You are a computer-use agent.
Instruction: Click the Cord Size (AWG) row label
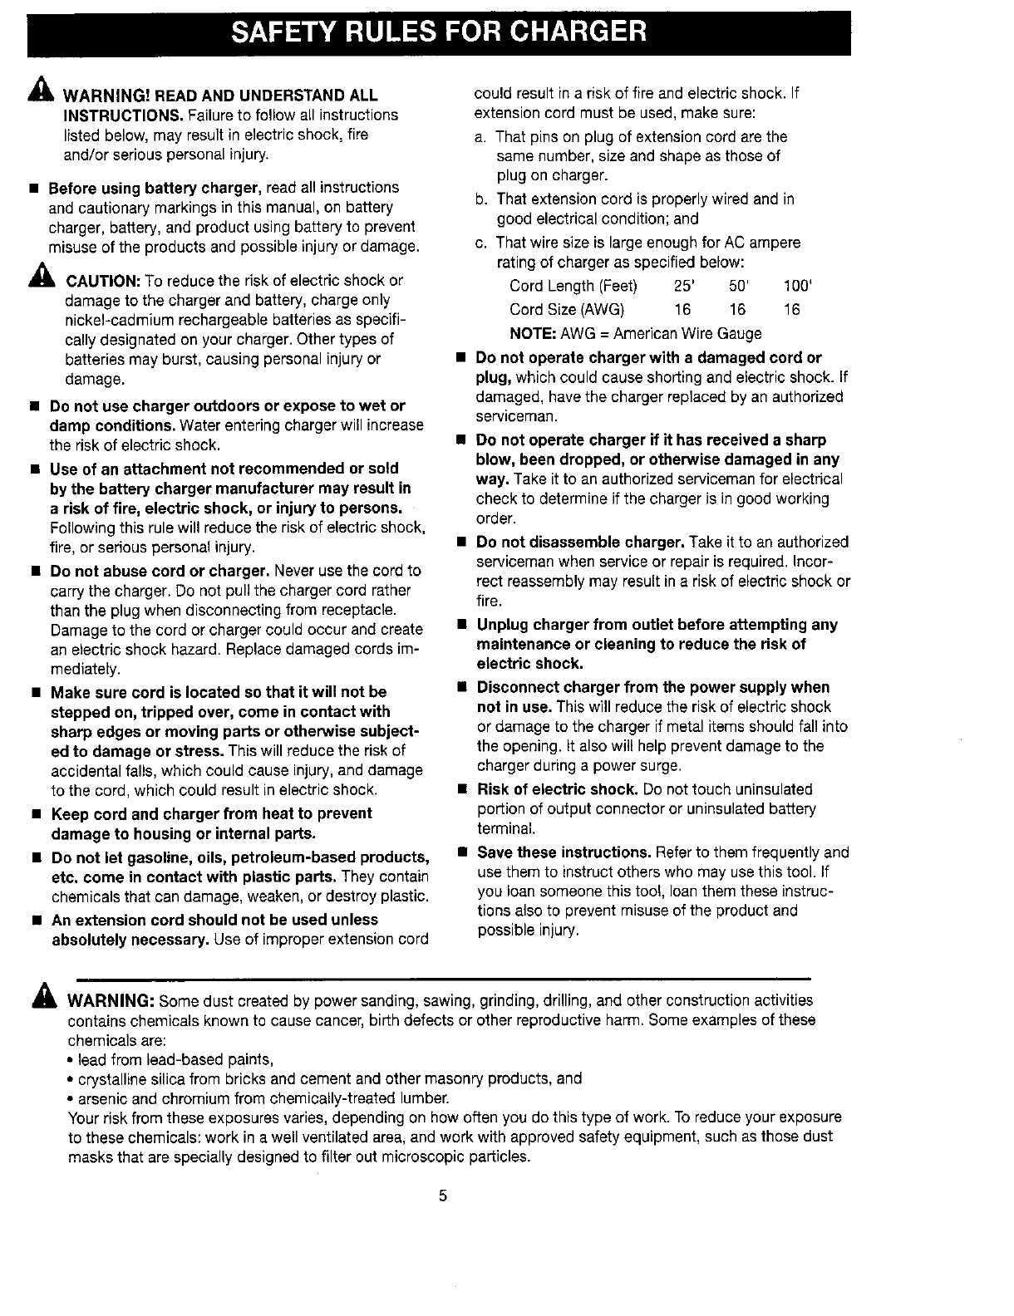pyautogui.click(x=567, y=310)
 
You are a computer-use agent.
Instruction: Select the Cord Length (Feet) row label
pyautogui.click(x=573, y=287)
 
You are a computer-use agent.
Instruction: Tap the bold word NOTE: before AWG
pyautogui.click(x=533, y=333)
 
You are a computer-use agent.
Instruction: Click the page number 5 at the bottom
pyautogui.click(x=443, y=1196)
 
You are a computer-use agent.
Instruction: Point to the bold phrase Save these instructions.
pyautogui.click(x=564, y=852)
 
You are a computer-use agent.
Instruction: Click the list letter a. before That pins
pyautogui.click(x=481, y=136)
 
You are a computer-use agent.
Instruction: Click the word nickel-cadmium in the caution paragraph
pyautogui.click(x=117, y=320)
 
